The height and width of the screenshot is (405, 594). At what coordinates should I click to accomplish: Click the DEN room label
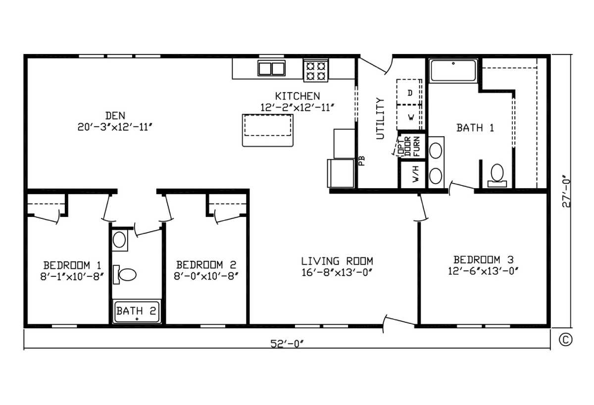tap(115, 116)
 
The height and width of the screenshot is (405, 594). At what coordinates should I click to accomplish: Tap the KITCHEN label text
tap(297, 96)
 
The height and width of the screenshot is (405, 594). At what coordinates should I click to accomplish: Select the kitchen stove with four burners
tap(316, 70)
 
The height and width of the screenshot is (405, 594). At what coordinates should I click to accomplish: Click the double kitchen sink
tap(272, 68)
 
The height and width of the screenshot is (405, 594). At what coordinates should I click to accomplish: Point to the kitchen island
tap(268, 130)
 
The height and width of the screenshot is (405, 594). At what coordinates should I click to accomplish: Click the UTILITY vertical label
tap(380, 118)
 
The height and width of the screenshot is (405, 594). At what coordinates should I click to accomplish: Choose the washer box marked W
tap(409, 117)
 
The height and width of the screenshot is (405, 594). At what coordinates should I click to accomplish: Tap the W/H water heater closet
tap(413, 174)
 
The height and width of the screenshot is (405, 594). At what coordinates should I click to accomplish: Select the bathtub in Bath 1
tap(453, 70)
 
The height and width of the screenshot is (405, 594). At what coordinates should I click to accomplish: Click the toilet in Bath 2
tap(125, 274)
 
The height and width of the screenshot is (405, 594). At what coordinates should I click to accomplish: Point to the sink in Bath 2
tap(120, 240)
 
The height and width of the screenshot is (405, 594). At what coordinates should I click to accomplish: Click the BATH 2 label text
tap(136, 310)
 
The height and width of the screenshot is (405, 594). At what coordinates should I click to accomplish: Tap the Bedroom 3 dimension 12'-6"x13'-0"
tap(483, 271)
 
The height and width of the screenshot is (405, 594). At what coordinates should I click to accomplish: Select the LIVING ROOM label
tap(337, 261)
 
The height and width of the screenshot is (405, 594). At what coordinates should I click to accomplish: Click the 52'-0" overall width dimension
tap(287, 344)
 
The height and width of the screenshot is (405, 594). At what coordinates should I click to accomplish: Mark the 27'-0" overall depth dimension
tap(566, 191)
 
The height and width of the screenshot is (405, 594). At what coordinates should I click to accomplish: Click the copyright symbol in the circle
tap(566, 340)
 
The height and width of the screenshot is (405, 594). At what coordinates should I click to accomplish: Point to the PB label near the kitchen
tap(362, 161)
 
